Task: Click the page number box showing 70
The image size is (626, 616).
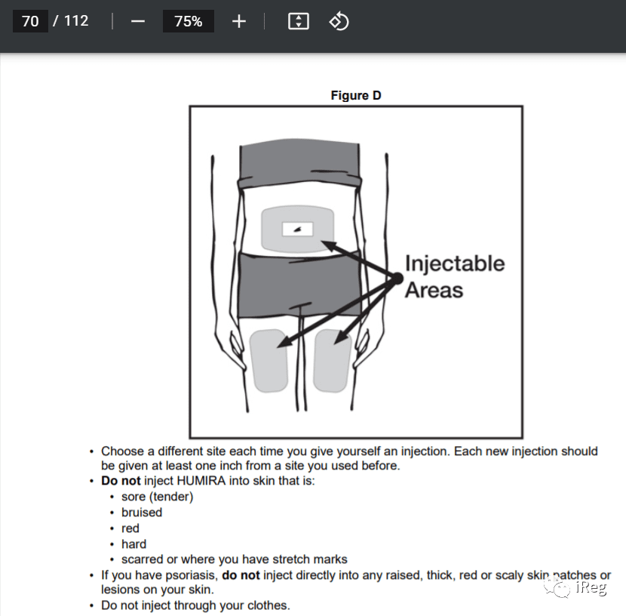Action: (x=30, y=21)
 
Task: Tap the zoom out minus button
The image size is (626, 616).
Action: (x=138, y=21)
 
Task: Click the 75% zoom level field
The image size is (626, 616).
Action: (x=189, y=21)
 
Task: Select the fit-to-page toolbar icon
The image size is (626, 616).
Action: (x=298, y=21)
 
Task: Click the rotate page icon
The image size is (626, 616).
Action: (x=339, y=21)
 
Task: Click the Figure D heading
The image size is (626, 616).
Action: (x=356, y=95)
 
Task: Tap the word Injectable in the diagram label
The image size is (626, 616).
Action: (x=455, y=264)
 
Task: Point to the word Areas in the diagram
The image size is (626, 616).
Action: (x=434, y=290)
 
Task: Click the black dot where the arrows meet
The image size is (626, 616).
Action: (x=397, y=279)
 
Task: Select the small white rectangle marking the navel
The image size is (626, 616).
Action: (x=297, y=229)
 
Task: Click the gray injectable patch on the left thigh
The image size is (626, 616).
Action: (x=269, y=361)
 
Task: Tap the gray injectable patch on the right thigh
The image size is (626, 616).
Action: (x=332, y=361)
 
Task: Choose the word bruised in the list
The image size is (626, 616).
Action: (x=142, y=512)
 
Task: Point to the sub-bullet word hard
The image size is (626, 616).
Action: (x=133, y=544)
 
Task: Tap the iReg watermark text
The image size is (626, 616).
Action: (x=591, y=587)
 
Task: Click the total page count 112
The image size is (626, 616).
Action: (x=76, y=21)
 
